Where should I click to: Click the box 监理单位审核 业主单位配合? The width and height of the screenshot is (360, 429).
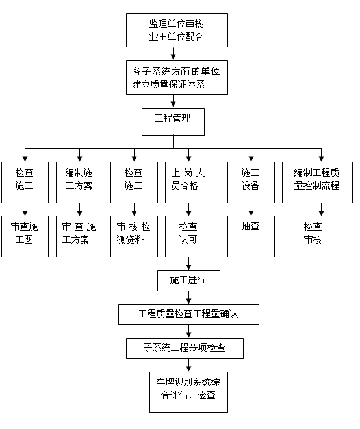tap(176, 30)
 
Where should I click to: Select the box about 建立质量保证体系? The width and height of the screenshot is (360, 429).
tap(176, 77)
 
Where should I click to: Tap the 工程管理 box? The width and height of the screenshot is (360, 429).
tap(174, 121)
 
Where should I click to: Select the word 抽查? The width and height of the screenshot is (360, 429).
tap(251, 227)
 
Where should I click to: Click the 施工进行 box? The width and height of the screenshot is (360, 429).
tap(188, 281)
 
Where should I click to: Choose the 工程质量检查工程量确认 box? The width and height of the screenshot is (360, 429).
tap(188, 315)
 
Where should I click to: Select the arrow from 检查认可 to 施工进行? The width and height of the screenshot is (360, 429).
tap(188, 263)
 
